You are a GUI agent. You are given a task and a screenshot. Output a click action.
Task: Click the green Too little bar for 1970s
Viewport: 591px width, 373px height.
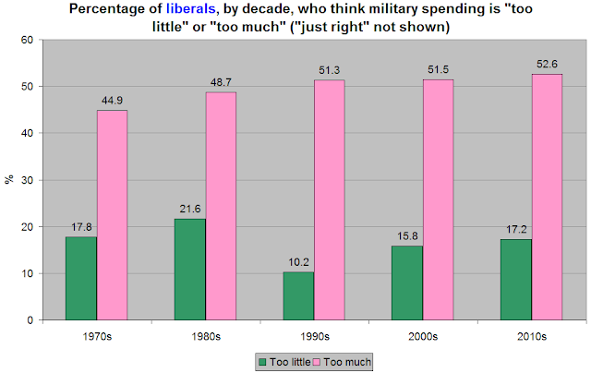(x=80, y=278)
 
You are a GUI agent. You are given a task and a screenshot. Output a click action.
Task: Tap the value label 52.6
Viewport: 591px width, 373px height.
(x=545, y=66)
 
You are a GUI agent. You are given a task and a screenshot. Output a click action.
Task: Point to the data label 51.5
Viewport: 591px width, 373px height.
(x=437, y=71)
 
